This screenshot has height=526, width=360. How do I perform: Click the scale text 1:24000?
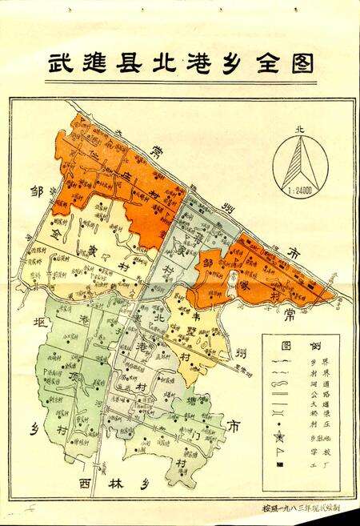[300, 192]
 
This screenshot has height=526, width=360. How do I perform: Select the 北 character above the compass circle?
[300, 128]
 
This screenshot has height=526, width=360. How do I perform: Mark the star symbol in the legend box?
[280, 436]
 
